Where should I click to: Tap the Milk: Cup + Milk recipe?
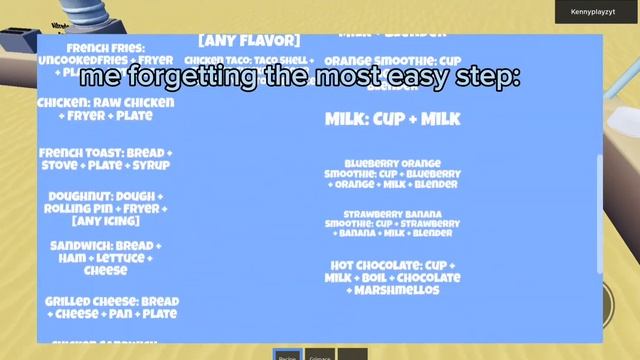point(393,119)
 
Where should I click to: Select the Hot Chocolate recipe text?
point(392,277)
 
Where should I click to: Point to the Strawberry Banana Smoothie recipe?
point(393,223)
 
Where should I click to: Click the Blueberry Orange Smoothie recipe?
point(392,173)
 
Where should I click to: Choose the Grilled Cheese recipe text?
point(112,307)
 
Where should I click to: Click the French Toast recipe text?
point(105,158)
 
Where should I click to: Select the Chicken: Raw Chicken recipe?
point(105,108)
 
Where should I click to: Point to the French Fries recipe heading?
point(105,48)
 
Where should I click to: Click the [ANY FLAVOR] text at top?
point(249,40)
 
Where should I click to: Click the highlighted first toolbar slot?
point(287,354)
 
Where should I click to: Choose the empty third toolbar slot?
point(352,354)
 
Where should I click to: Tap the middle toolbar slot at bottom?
point(319,354)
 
